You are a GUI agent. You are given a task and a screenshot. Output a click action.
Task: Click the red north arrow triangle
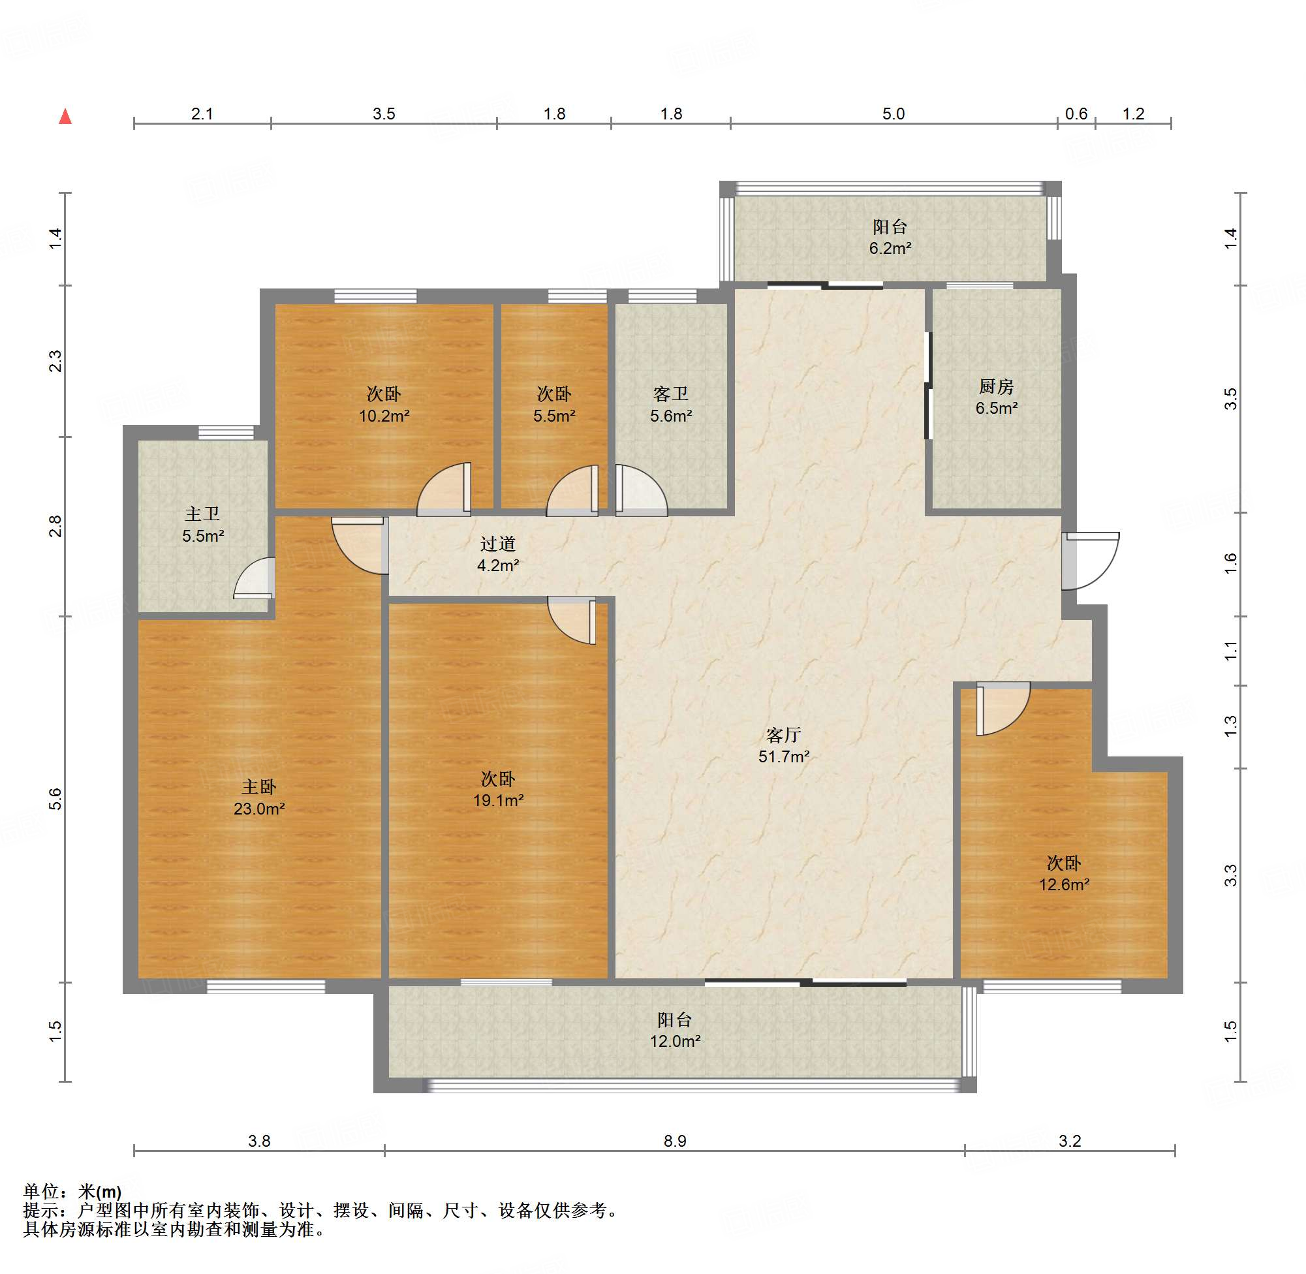(65, 116)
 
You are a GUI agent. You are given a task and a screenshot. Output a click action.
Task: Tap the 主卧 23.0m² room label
(259, 798)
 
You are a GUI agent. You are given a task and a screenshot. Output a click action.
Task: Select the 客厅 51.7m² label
(783, 746)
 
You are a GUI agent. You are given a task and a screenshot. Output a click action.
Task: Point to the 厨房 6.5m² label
(996, 397)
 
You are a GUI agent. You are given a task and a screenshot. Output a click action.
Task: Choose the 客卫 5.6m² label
(670, 405)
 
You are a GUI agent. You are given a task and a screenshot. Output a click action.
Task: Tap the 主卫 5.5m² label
(203, 525)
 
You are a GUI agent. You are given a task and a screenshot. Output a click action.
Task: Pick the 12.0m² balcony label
(674, 1031)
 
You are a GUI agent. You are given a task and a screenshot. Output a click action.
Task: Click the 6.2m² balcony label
(890, 238)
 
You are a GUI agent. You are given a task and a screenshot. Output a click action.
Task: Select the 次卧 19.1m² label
(498, 790)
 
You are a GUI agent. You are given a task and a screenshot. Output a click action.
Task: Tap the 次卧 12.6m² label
(1064, 874)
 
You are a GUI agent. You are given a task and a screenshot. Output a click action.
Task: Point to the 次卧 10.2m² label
(384, 405)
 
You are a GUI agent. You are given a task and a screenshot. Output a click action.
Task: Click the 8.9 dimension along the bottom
(674, 1141)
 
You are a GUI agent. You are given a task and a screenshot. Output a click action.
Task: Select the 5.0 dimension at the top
(894, 114)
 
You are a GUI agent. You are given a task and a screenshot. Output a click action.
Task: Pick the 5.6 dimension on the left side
(55, 799)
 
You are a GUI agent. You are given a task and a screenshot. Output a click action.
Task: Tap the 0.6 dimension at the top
(1076, 114)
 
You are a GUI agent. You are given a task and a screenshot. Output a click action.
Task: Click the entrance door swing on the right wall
(1091, 561)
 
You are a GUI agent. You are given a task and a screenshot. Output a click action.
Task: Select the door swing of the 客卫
(641, 490)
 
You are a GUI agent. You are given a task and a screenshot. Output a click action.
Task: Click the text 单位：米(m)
(72, 1191)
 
